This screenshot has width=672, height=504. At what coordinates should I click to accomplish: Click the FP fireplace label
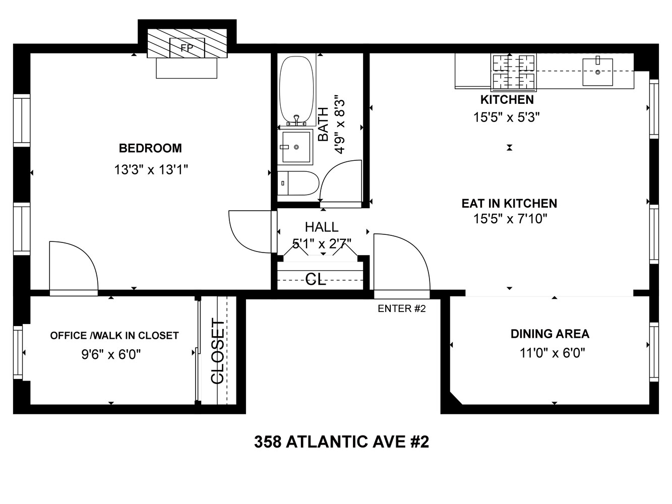point(187,48)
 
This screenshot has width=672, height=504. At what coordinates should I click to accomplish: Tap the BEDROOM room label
point(150,148)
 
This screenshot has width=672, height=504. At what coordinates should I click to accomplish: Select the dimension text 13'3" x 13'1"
point(151,170)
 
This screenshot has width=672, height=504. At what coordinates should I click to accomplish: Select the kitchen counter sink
point(597,72)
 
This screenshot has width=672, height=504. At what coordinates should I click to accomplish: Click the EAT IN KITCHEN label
point(509,203)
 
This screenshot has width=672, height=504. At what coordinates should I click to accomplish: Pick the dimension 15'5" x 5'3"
point(507,117)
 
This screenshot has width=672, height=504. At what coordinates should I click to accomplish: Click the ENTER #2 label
point(402,308)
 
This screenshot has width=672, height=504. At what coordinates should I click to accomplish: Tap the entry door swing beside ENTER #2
point(401,262)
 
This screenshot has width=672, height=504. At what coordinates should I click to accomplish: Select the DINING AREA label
point(549,334)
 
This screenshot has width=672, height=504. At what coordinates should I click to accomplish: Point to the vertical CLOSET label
point(217,351)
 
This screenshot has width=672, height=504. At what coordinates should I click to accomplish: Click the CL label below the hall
point(316,279)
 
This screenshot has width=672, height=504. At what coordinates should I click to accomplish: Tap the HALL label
point(322,227)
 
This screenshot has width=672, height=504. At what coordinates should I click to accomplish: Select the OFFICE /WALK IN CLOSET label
point(114,336)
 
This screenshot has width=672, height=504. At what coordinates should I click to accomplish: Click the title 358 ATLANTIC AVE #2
point(341,442)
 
